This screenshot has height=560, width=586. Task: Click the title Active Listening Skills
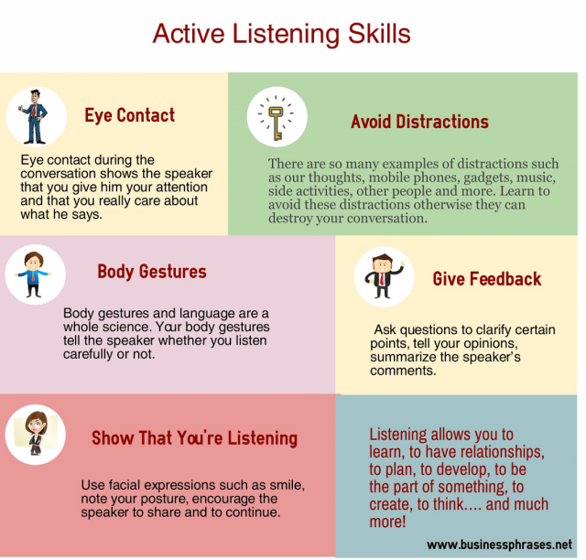[x=281, y=34]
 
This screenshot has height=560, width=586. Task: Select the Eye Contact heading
[x=129, y=115]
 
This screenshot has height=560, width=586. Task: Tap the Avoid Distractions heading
[x=419, y=122]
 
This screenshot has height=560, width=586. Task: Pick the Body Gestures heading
[x=152, y=272]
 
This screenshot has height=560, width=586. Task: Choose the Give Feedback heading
[x=487, y=279]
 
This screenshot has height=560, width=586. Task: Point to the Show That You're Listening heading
[x=194, y=438]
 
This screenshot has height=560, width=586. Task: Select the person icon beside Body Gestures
[x=35, y=273]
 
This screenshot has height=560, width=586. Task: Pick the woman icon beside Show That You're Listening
[x=35, y=431]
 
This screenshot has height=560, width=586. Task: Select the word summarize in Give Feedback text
[x=406, y=358]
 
